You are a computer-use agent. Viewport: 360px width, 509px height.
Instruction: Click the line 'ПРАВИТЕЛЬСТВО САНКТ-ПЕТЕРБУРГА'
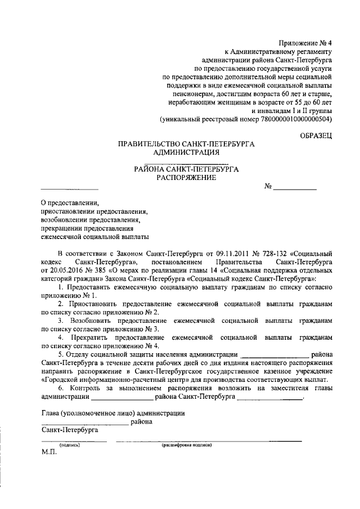[x=186, y=144]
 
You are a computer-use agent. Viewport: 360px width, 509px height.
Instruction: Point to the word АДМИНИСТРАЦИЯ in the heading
[x=186, y=152]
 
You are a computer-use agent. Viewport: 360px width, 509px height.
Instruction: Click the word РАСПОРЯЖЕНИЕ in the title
[x=186, y=177]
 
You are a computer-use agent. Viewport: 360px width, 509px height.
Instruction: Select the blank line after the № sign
[x=295, y=189]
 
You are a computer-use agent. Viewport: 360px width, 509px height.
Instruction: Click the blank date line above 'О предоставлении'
[x=70, y=188]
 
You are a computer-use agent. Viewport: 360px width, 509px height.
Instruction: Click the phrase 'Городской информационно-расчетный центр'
[x=115, y=379]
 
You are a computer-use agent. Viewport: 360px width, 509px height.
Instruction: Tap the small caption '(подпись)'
[x=70, y=444]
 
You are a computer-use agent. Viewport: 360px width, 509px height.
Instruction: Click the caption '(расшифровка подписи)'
[x=186, y=444]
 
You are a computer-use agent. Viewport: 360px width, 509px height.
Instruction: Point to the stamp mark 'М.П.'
[x=49, y=453]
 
